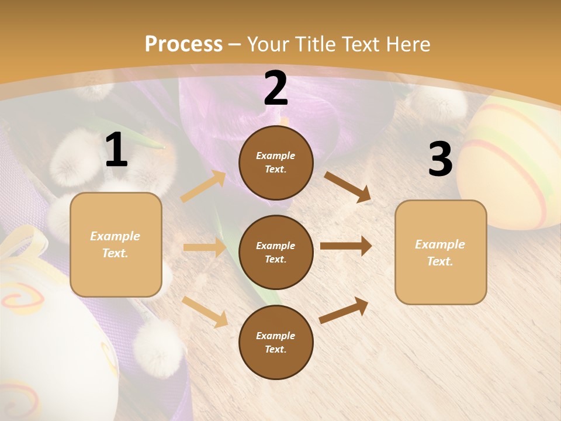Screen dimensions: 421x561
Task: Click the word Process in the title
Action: (183, 44)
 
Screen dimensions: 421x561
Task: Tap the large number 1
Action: (116, 150)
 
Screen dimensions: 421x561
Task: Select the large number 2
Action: (276, 88)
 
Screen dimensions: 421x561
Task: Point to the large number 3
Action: (440, 160)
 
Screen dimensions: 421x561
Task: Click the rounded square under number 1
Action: (116, 244)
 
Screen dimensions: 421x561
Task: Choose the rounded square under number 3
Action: (441, 252)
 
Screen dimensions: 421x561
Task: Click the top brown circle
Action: (276, 163)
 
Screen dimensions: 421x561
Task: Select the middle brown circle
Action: (276, 252)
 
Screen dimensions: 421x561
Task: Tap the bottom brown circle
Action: (276, 342)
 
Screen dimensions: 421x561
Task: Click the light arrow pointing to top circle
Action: (203, 187)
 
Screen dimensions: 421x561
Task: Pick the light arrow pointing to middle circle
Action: (205, 247)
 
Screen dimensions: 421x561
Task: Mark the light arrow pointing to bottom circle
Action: (205, 312)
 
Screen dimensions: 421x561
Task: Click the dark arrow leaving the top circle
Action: (348, 187)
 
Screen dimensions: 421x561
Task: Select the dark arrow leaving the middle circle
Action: (346, 246)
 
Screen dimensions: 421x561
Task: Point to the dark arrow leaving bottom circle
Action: (344, 310)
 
